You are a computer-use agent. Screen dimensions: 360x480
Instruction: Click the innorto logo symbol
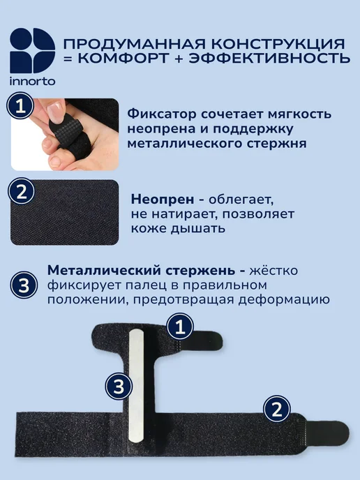pos(33,50)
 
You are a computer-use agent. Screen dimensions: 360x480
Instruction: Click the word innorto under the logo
pos(33,82)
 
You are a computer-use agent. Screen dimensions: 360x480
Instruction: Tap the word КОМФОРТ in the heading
pos(123,58)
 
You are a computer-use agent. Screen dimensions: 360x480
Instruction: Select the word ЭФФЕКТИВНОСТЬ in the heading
pos(269,58)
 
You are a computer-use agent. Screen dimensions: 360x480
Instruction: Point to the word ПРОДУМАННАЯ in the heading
pos(134,44)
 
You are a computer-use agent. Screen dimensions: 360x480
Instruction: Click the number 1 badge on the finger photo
pos(20,106)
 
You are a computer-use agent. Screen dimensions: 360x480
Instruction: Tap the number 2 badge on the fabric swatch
pos(21,192)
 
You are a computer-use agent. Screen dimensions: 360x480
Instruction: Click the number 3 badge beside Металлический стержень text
pos(24,285)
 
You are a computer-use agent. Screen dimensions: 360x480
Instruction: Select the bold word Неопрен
pos(163,200)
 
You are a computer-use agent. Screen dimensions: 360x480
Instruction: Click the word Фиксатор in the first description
pos(162,114)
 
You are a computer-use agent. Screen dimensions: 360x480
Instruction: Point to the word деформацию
pos(284,300)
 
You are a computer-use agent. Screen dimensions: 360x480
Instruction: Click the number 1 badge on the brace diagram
pos(180,327)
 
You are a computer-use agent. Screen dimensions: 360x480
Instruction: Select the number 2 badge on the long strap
pos(277,409)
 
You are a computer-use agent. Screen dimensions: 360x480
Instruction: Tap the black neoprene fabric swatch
pos(65,213)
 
